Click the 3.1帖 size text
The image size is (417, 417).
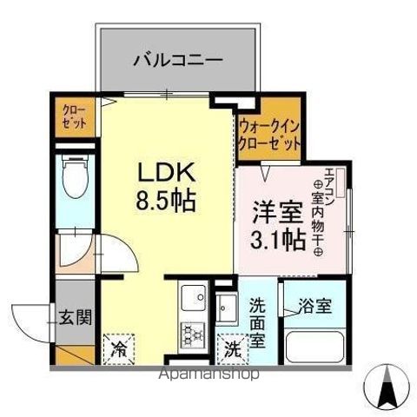tap(278, 239)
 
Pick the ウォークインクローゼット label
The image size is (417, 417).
tap(269, 133)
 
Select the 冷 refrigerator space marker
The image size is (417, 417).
tap(117, 350)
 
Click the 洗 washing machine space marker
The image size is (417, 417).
tap(230, 351)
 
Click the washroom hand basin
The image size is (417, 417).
tap(227, 308)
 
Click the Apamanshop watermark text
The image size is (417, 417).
tap(206, 375)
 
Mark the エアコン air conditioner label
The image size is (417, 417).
tap(330, 183)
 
